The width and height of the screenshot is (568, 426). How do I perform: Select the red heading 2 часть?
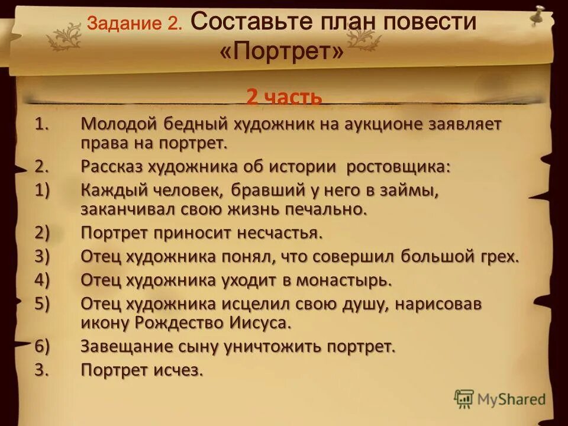pyautogui.click(x=284, y=96)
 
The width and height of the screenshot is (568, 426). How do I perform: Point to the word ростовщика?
pyautogui.click(x=398, y=167)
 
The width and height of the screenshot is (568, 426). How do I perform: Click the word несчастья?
pyautogui.click(x=280, y=233)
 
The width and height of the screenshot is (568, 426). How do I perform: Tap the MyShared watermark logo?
pyautogui.click(x=500, y=399)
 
